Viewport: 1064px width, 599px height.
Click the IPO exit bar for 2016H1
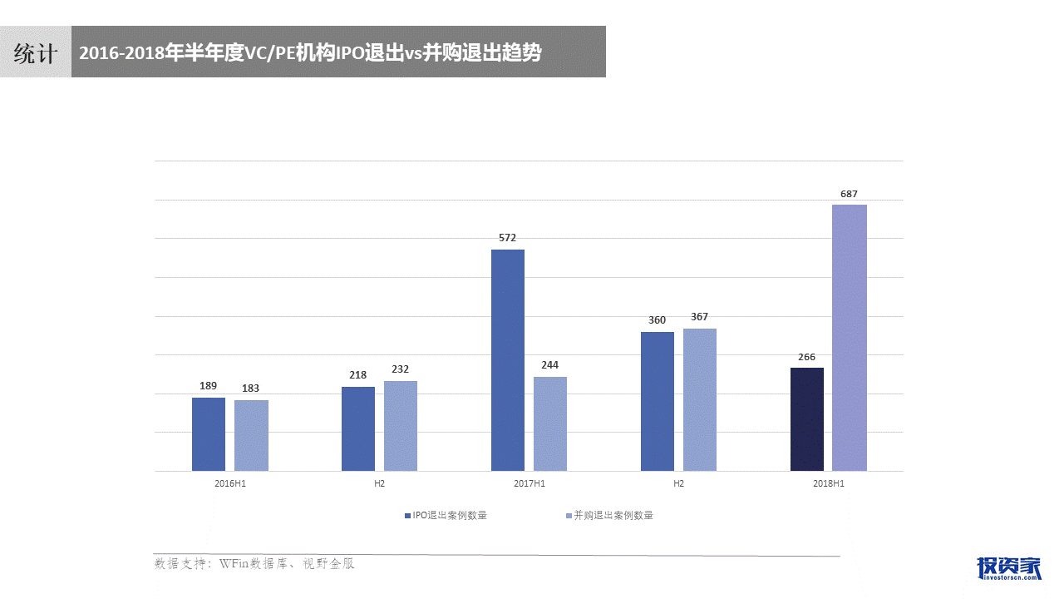[209, 434]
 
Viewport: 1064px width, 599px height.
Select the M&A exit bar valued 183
[251, 436]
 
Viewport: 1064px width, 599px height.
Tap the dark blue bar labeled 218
[358, 429]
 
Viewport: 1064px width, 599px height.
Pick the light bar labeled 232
[401, 426]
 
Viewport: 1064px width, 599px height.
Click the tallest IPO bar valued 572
[508, 360]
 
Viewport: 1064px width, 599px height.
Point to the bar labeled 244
[550, 424]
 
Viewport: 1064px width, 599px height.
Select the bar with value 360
[658, 402]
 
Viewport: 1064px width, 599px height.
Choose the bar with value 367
[700, 400]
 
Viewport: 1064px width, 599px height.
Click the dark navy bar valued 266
[807, 419]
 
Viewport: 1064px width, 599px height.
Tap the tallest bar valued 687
[850, 338]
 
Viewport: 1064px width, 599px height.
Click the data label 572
[507, 238]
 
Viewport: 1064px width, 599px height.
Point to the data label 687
[849, 194]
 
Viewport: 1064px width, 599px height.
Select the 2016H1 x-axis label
[230, 483]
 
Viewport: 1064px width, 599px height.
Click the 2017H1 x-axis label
[530, 483]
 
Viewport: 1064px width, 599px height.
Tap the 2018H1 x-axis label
[829, 483]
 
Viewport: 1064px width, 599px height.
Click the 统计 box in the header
[36, 53]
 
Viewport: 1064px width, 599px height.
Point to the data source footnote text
[254, 564]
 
